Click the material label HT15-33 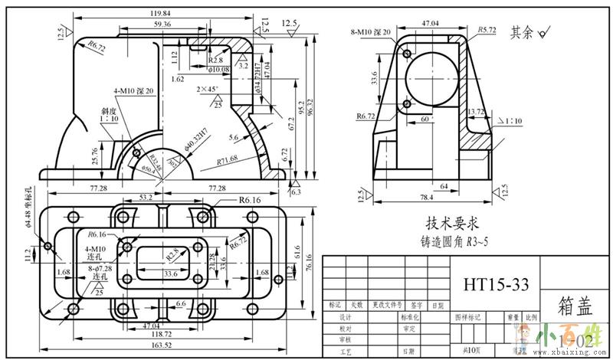[x=496, y=284]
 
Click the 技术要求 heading [x=452, y=224]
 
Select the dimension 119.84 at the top [x=160, y=13]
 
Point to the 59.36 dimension [x=162, y=25]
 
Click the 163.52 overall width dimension [x=160, y=345]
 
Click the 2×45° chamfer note [x=207, y=90]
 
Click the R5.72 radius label [x=487, y=30]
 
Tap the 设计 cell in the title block [x=344, y=316]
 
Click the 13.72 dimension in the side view [x=477, y=112]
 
